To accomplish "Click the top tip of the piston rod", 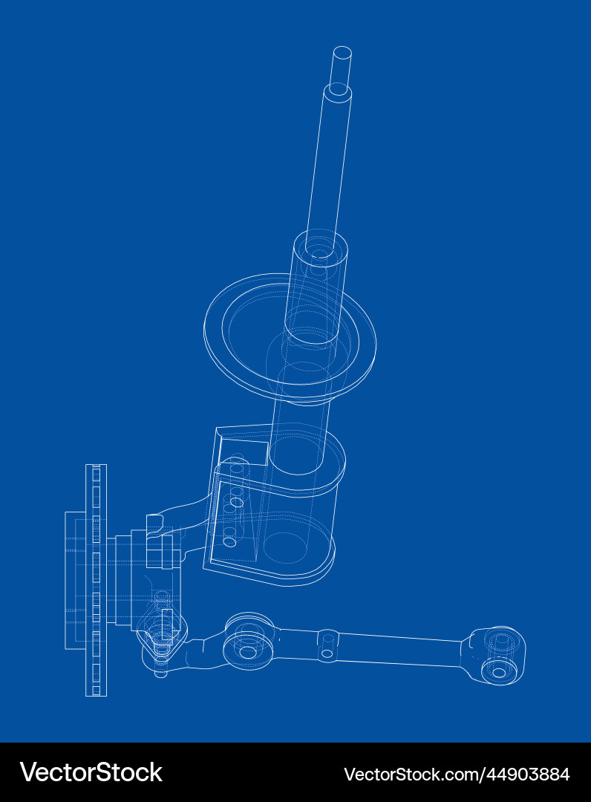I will (342, 53).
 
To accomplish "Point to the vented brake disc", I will (97, 579).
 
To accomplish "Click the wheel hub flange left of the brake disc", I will (74, 579).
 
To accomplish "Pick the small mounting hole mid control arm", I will (327, 645).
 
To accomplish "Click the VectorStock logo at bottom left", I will (91, 772).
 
